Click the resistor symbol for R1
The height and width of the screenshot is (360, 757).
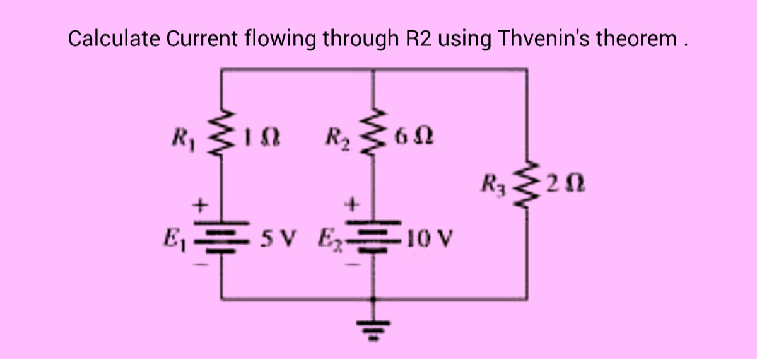coord(221,135)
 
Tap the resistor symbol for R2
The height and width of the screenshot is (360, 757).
coord(377,134)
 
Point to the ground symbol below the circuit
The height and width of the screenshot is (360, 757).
coord(377,328)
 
